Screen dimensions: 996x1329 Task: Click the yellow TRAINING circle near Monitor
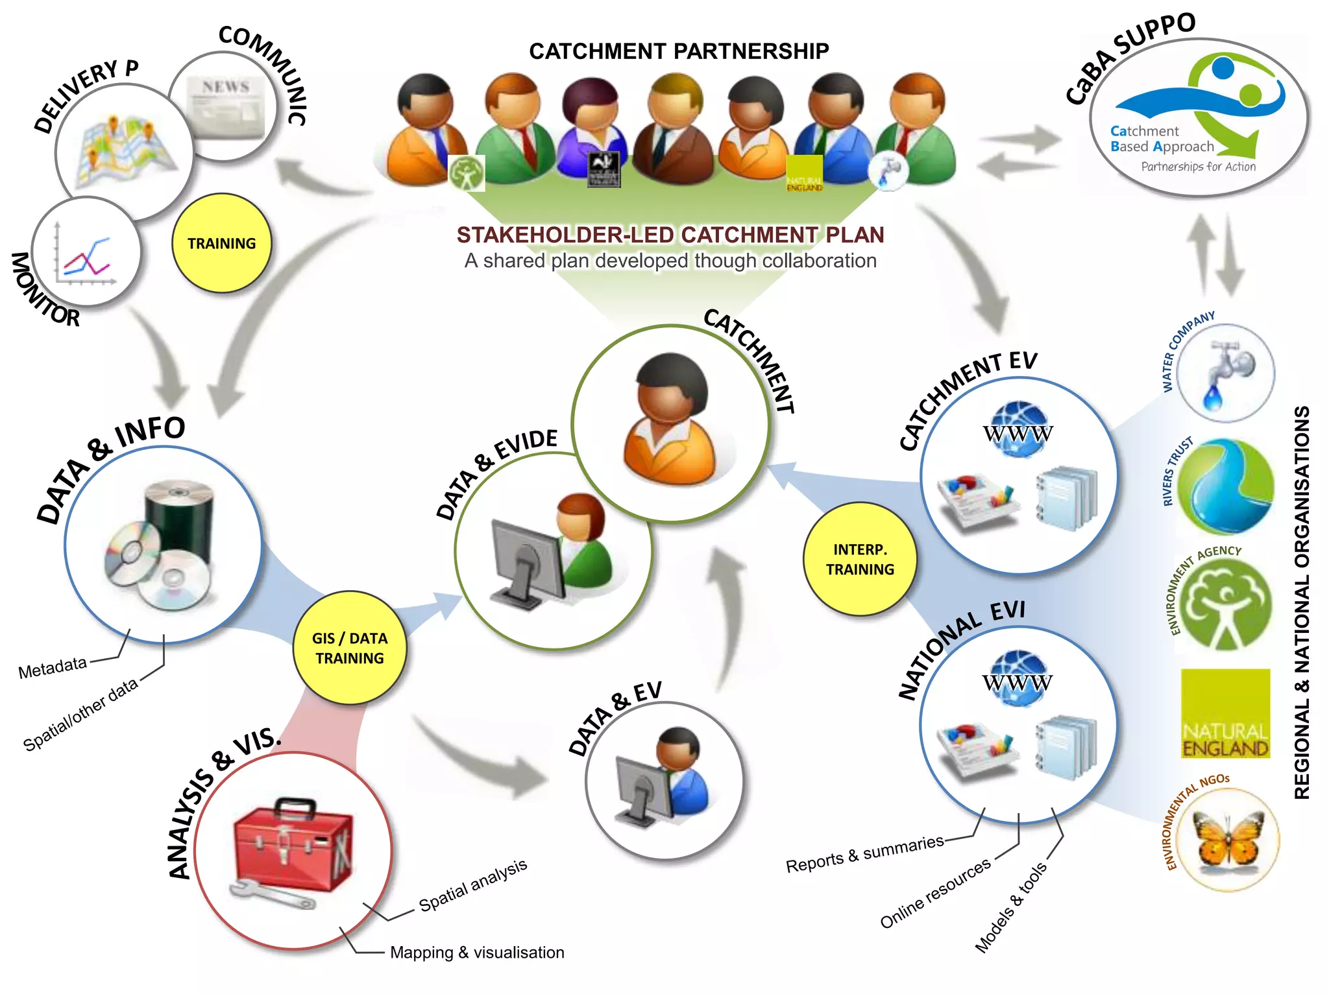[221, 243]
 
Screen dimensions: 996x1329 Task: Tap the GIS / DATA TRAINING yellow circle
[349, 648]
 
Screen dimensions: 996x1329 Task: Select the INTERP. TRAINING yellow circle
[859, 559]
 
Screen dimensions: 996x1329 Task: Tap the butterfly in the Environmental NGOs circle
[1226, 840]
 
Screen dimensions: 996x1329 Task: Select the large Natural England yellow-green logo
[1225, 713]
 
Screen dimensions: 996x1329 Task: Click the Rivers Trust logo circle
[1225, 486]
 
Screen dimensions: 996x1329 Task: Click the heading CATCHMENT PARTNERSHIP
[678, 51]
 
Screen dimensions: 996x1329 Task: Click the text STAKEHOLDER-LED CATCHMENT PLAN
[670, 235]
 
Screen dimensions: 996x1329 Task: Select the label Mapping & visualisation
[477, 953]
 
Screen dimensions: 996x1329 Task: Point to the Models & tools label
[1010, 908]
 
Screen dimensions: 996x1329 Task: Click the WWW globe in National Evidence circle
[1017, 679]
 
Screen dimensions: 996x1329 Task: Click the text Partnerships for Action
[1198, 167]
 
